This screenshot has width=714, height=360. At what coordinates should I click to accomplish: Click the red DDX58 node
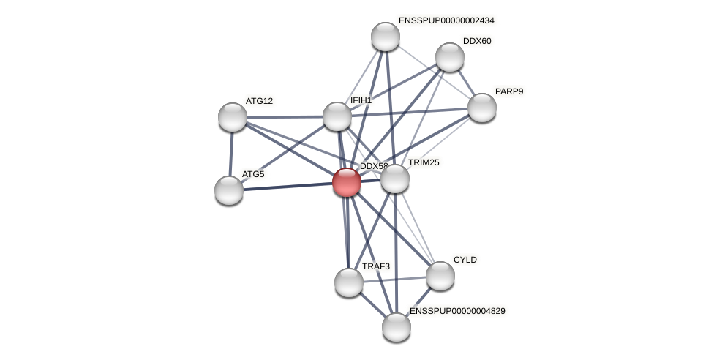pos(347,182)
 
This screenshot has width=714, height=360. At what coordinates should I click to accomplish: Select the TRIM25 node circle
pos(395,179)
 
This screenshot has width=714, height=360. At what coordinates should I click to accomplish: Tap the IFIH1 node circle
pos(337,116)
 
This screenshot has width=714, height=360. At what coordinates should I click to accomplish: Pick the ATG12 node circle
pos(233,117)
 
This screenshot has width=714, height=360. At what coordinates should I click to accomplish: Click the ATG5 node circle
pos(229,190)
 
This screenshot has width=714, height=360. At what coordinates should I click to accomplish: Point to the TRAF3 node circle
pos(349,282)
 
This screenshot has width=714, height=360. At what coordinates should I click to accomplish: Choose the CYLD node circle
pos(440,276)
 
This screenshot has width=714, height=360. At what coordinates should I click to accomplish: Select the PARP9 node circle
pos(482,108)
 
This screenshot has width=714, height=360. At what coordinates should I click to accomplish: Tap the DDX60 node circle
pos(450,57)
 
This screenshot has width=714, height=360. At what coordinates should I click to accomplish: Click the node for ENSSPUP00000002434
pos(386,37)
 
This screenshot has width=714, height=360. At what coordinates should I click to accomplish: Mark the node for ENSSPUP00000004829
pos(397,327)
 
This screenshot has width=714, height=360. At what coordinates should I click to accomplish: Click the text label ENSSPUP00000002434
pos(446,20)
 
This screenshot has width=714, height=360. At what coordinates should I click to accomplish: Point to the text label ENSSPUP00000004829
pos(457,311)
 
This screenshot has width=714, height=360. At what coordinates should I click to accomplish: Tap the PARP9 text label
pos(509,91)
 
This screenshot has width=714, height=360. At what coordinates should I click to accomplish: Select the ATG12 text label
pos(259,101)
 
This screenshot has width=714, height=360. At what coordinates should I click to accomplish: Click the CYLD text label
pos(465,260)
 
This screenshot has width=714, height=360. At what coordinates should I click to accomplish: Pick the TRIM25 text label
pos(424,162)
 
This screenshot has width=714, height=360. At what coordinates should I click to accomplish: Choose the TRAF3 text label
pos(376,266)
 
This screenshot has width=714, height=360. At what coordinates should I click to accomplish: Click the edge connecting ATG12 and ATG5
pos(231,154)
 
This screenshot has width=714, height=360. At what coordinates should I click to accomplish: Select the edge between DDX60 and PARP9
pos(466,82)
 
